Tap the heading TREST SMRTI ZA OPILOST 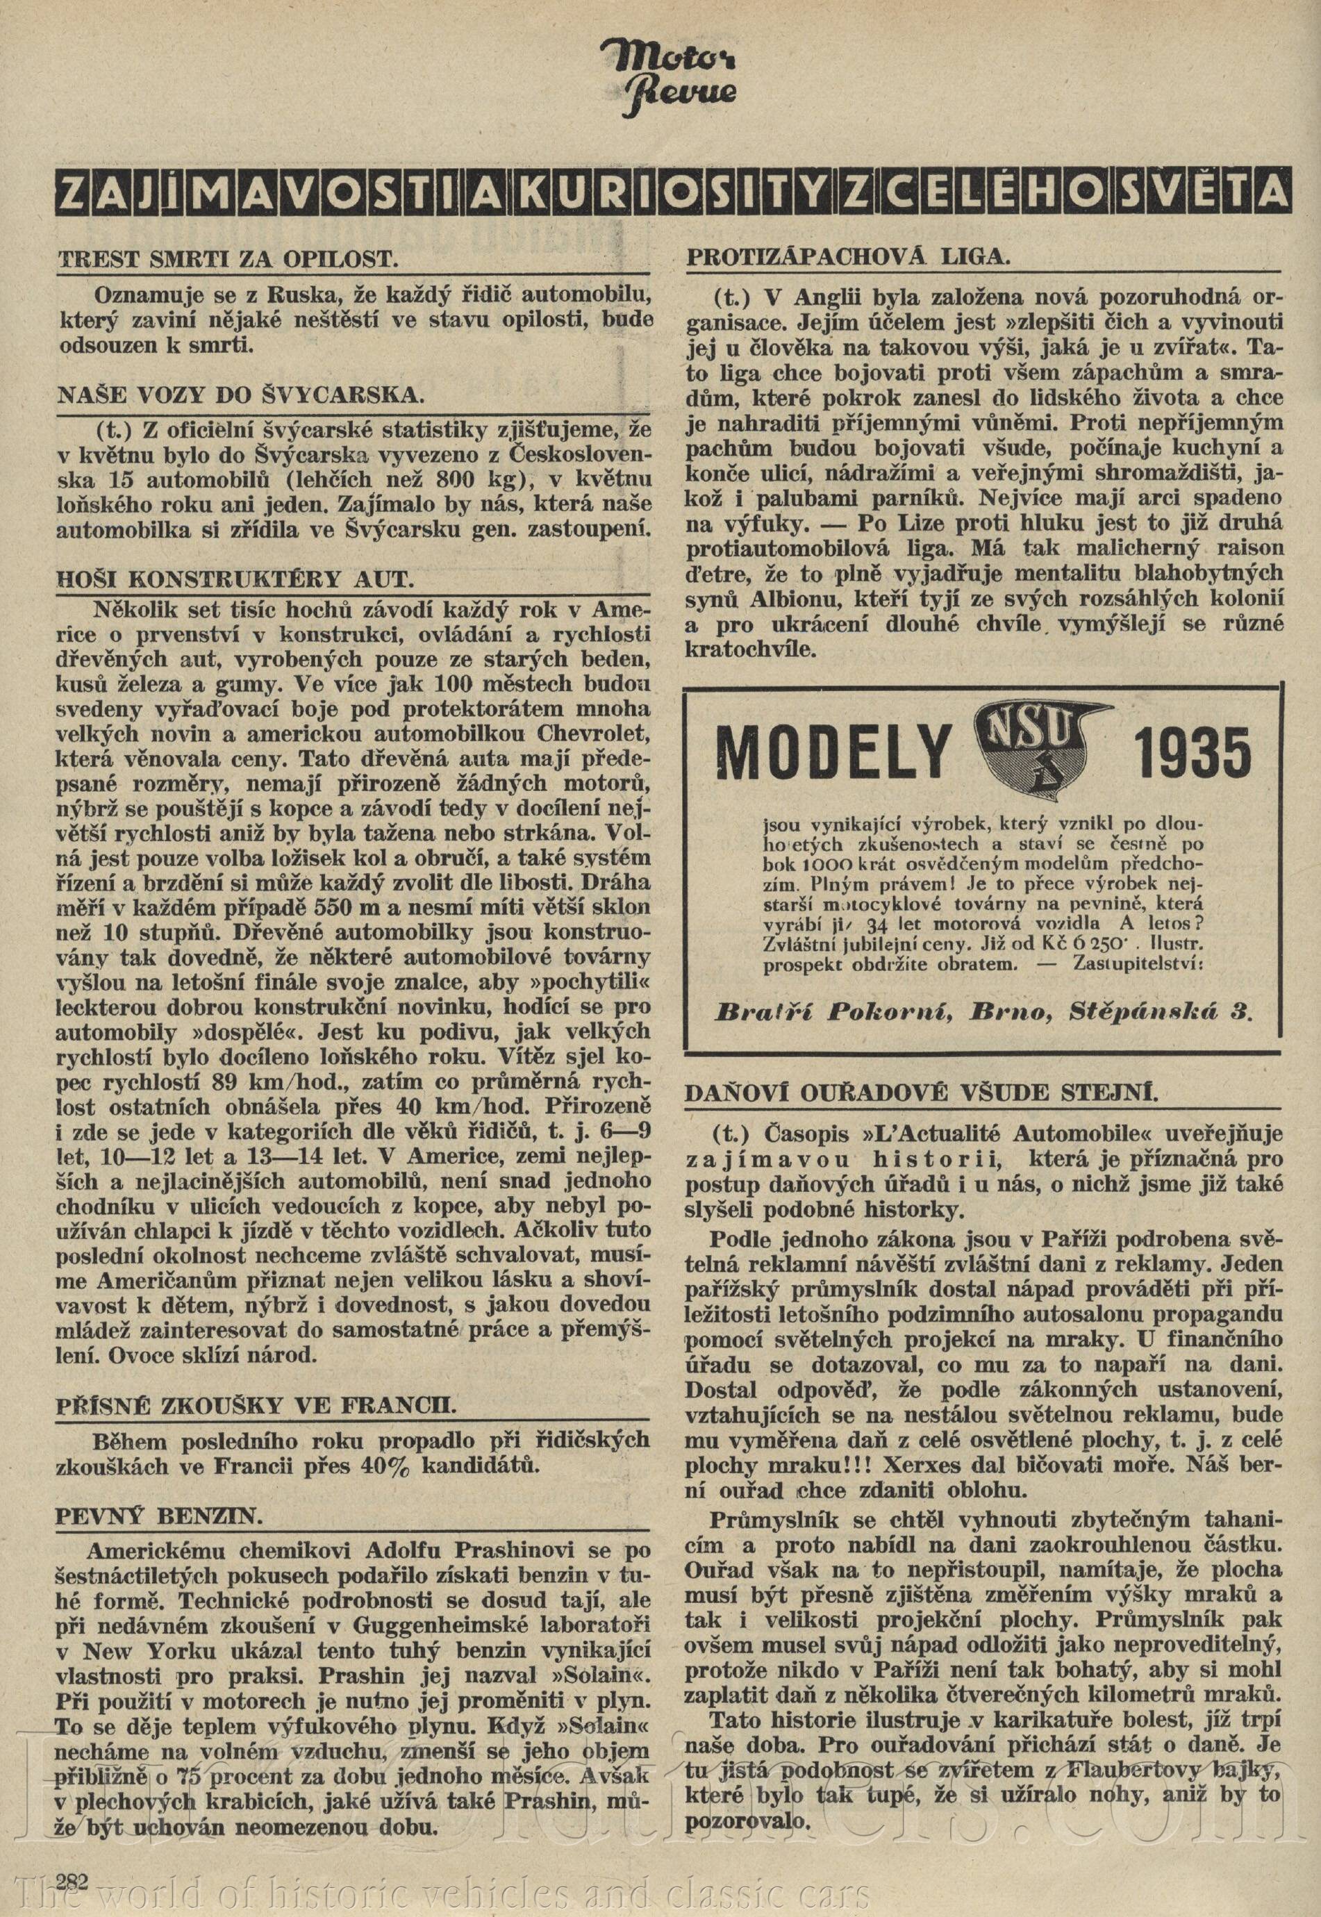[x=228, y=258]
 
